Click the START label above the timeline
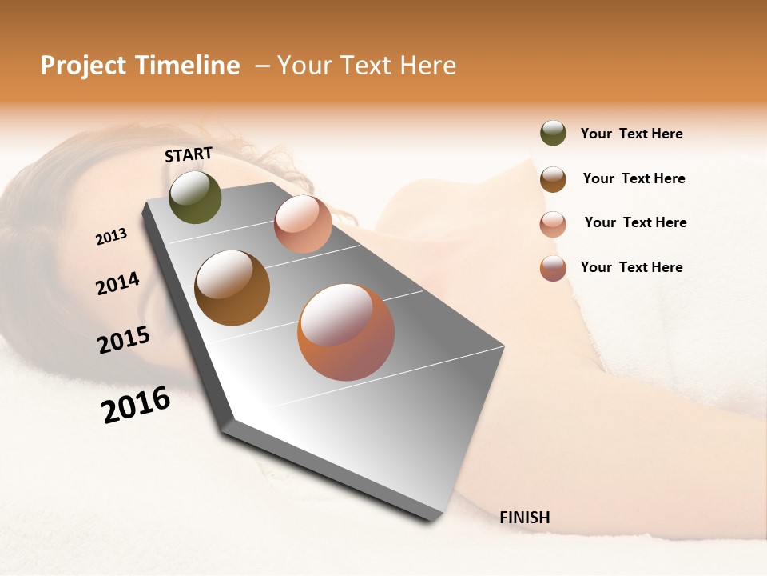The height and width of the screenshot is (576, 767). (189, 154)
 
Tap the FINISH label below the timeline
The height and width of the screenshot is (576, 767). (524, 518)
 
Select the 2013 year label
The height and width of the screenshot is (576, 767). (111, 236)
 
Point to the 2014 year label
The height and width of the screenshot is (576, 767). (117, 283)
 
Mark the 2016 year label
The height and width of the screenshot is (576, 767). (136, 405)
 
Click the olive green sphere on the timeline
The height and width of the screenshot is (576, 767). (195, 197)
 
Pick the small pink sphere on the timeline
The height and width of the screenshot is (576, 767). (303, 224)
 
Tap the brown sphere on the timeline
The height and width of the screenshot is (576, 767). (232, 287)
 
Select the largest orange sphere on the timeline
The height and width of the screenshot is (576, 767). (346, 332)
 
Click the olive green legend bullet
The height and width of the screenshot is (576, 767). (553, 134)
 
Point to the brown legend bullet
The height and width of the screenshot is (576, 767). (553, 178)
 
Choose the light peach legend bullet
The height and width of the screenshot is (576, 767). (553, 223)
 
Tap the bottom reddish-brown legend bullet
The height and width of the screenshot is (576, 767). (553, 268)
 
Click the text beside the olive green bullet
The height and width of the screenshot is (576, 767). (631, 134)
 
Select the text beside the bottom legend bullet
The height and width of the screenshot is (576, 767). (631, 267)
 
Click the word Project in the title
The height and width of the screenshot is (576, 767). (83, 66)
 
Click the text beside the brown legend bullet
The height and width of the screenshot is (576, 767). (634, 178)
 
